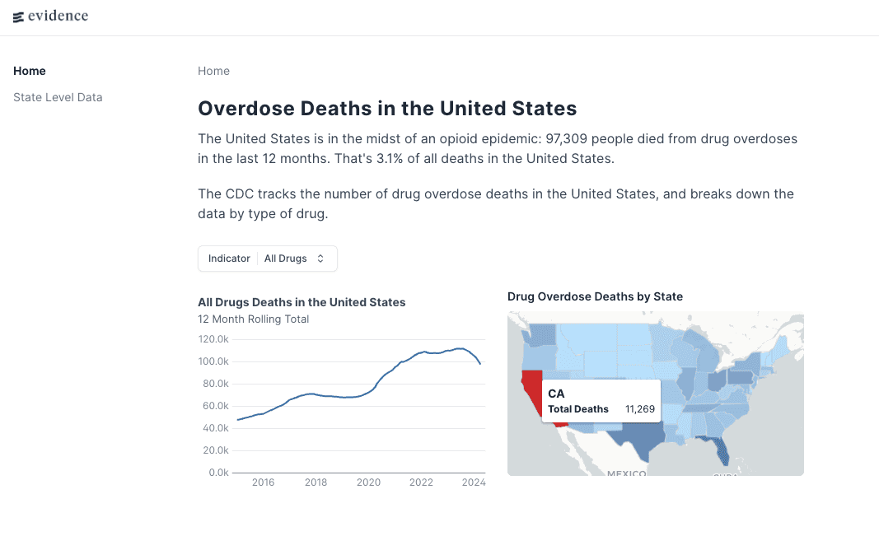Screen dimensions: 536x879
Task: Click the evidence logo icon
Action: click(x=18, y=16)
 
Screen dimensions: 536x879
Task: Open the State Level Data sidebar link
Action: click(x=58, y=97)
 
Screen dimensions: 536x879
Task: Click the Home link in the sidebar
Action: click(x=30, y=71)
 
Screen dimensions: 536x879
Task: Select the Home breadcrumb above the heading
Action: click(x=213, y=71)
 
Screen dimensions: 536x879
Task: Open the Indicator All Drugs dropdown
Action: click(x=268, y=259)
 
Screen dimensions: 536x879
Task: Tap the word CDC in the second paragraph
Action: click(x=240, y=194)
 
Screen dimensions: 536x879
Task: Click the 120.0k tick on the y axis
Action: click(x=213, y=339)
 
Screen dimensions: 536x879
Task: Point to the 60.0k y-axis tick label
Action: click(x=215, y=406)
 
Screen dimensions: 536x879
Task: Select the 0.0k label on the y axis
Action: click(x=217, y=473)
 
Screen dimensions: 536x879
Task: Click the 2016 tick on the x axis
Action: click(x=263, y=482)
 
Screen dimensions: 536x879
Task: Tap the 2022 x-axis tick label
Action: click(x=421, y=482)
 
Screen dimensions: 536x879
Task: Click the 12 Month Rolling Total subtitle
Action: click(x=254, y=319)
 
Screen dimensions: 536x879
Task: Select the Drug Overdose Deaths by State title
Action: click(x=595, y=296)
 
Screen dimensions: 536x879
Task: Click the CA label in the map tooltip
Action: click(x=556, y=394)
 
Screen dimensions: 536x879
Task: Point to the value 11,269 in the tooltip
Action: click(x=639, y=409)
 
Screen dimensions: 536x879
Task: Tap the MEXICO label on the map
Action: click(x=627, y=473)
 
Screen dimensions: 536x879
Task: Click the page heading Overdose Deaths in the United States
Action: click(x=387, y=108)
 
